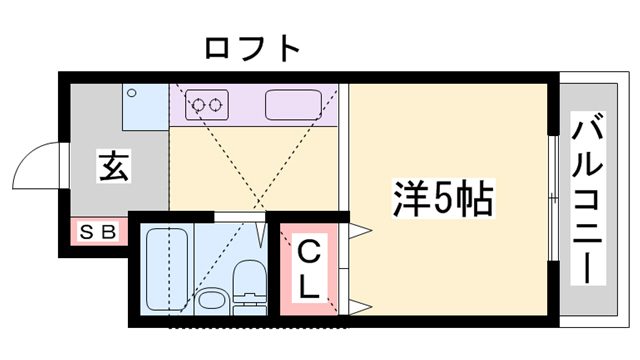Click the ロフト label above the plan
click(x=251, y=47)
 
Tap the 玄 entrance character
click(x=113, y=167)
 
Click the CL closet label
click(x=309, y=268)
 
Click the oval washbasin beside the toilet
click(x=209, y=300)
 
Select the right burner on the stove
click(x=217, y=104)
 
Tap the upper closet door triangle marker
click(x=359, y=232)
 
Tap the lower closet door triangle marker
click(x=359, y=304)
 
